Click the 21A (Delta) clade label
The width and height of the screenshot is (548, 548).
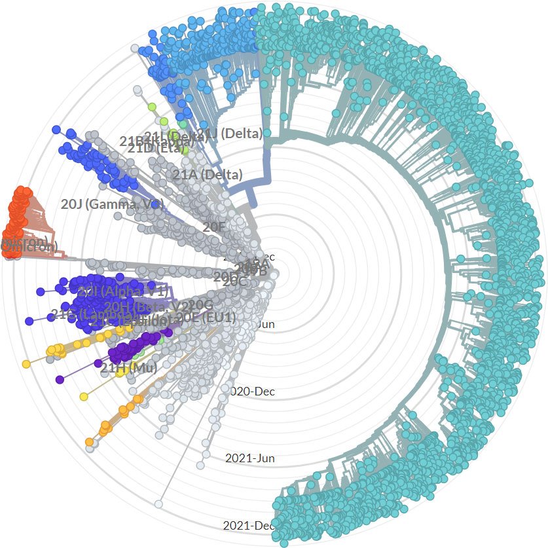(207, 175)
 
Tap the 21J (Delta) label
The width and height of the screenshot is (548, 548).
(230, 134)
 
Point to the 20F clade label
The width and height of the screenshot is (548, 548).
(214, 227)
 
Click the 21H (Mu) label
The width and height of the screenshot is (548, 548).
(128, 368)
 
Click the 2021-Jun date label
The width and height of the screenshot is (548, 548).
(249, 458)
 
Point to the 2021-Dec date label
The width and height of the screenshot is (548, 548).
(249, 525)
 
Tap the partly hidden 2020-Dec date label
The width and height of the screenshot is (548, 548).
(253, 392)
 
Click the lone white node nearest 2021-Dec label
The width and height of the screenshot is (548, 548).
(158, 503)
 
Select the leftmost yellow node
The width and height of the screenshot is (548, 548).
(26, 364)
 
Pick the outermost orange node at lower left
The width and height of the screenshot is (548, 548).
(89, 442)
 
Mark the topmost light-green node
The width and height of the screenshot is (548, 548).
(152, 106)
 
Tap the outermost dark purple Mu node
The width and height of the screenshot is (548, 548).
(60, 379)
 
